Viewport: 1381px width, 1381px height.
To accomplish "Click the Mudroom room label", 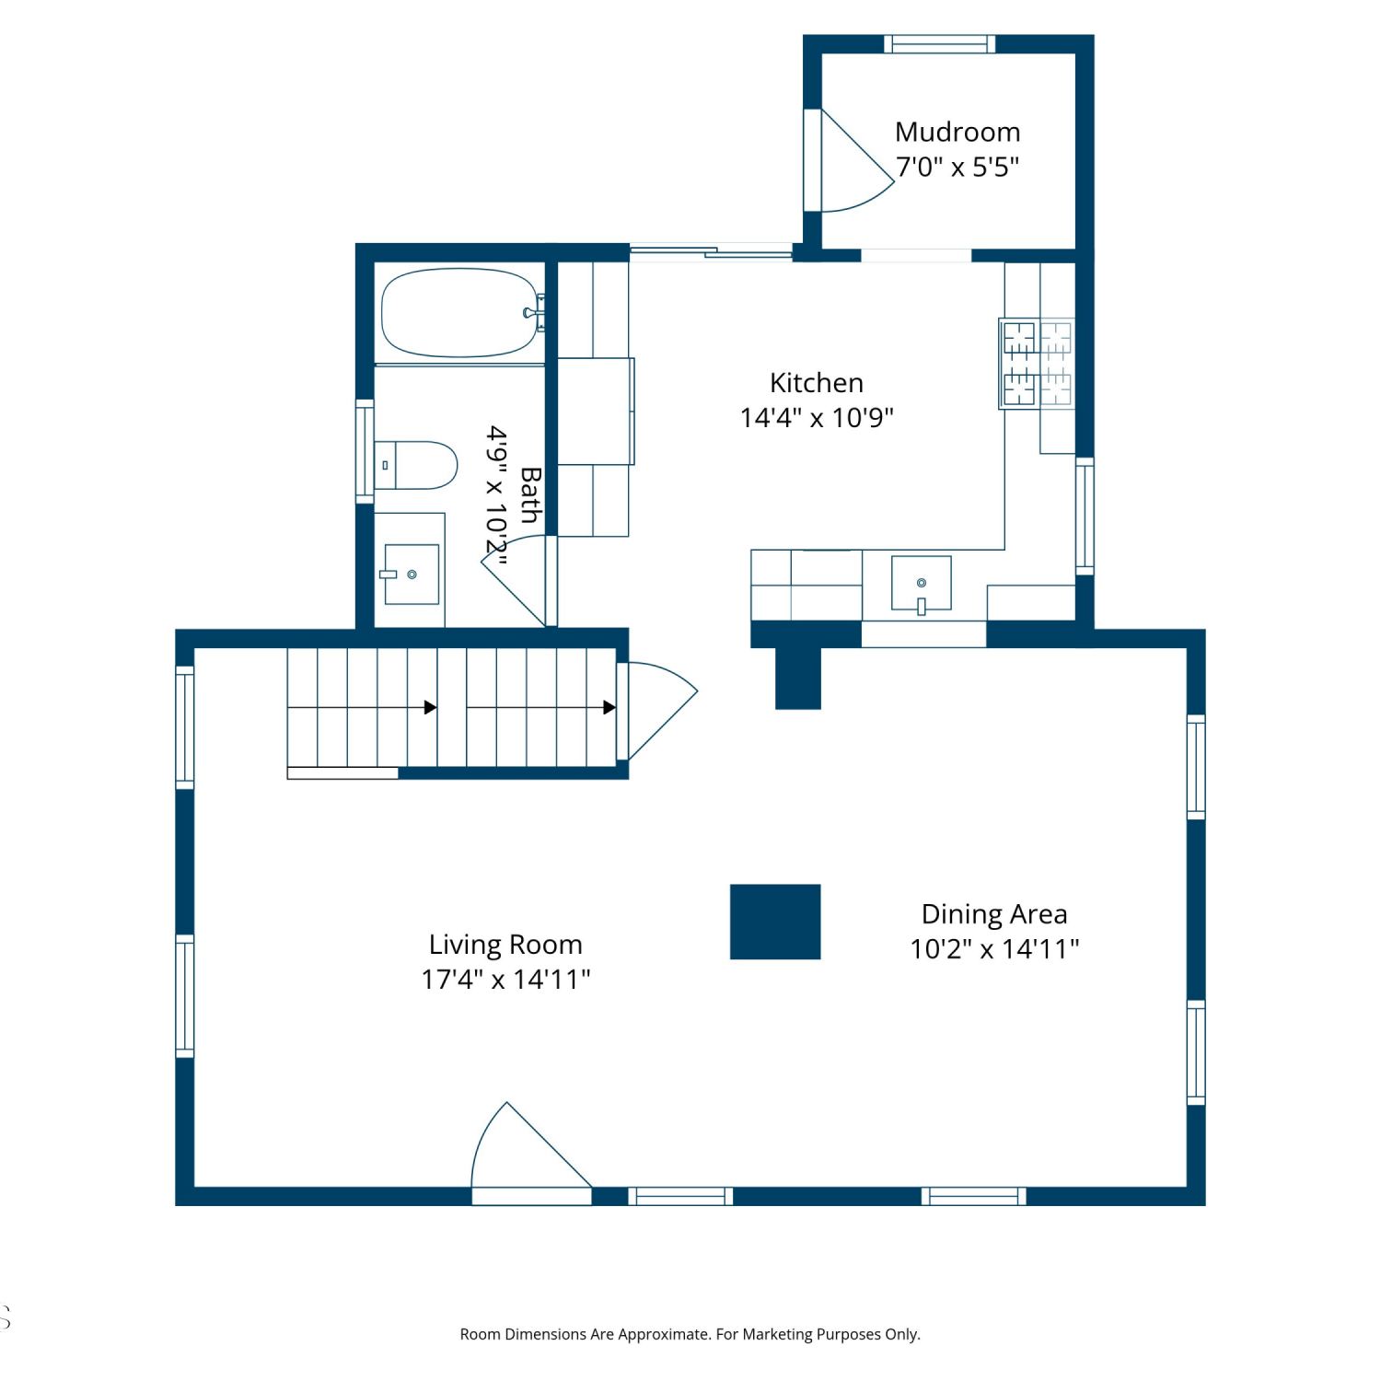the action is pyautogui.click(x=957, y=132).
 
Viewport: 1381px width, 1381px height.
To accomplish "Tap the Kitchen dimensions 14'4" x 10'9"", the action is pyautogui.click(x=817, y=417).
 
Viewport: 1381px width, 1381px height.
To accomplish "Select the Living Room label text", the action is pyautogui.click(x=505, y=945).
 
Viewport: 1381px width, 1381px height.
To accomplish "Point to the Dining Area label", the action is pyautogui.click(x=994, y=914).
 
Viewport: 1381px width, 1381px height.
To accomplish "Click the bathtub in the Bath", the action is pyautogui.click(x=460, y=313).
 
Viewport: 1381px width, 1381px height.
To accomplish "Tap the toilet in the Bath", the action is pyautogui.click(x=415, y=465).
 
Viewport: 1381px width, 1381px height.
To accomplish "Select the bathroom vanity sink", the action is pyautogui.click(x=412, y=574).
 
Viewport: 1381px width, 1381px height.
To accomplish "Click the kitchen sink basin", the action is pyautogui.click(x=921, y=584).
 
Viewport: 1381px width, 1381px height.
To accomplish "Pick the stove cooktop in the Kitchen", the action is pyautogui.click(x=1037, y=363).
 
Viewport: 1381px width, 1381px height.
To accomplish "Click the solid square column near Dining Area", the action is pyautogui.click(x=775, y=922).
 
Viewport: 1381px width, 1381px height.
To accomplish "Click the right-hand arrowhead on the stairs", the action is pyautogui.click(x=609, y=707).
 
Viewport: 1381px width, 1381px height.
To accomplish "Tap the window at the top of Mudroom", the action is pyautogui.click(x=940, y=43).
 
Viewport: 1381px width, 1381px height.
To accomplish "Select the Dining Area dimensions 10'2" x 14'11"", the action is pyautogui.click(x=994, y=948).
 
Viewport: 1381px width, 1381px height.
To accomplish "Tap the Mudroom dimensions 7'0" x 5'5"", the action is pyautogui.click(x=957, y=167).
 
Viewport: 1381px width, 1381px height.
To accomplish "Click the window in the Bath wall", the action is pyautogui.click(x=365, y=451).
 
